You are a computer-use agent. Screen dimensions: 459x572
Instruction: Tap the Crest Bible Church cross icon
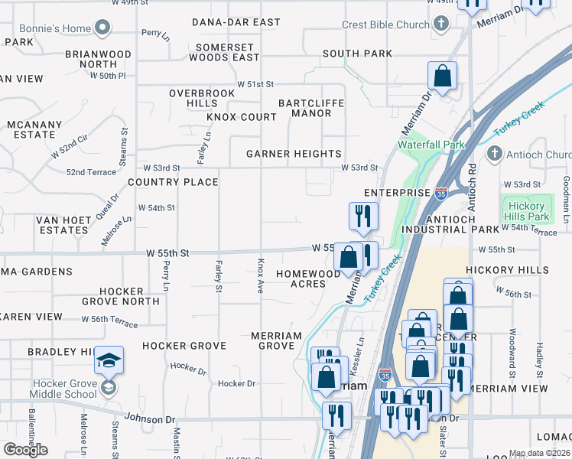440,24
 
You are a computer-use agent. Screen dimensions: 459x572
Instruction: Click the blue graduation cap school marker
109,360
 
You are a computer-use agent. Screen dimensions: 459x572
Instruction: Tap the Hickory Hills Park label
526,212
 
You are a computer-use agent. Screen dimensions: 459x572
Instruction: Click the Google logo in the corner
25,449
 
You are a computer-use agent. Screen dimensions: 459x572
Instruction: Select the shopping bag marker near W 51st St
442,76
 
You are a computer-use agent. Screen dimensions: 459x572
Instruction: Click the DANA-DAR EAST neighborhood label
236,22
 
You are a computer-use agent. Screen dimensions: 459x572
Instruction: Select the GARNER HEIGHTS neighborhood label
294,154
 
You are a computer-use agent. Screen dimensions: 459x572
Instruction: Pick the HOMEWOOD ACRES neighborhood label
308,278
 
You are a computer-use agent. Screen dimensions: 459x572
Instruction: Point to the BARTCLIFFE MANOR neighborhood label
310,108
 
